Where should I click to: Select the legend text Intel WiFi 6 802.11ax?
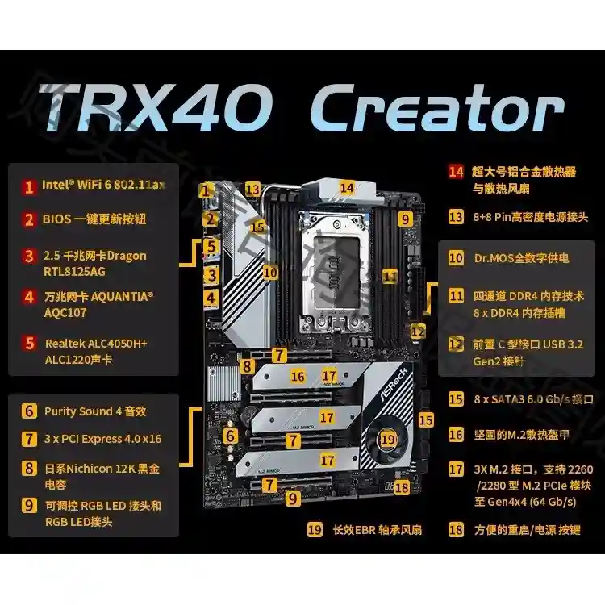click(x=104, y=185)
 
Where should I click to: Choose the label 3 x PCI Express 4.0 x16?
click(x=102, y=439)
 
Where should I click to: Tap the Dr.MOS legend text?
click(x=520, y=258)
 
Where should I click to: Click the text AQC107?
click(x=65, y=313)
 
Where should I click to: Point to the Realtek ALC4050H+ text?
click(x=96, y=344)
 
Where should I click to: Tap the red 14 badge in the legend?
click(x=457, y=171)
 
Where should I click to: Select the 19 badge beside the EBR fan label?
click(x=315, y=529)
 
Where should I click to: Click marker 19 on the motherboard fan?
click(x=389, y=440)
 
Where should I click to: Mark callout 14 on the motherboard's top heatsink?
click(x=347, y=187)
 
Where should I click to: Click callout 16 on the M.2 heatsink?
click(x=298, y=376)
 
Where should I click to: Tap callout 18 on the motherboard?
click(x=403, y=486)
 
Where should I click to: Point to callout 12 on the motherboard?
click(x=417, y=330)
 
